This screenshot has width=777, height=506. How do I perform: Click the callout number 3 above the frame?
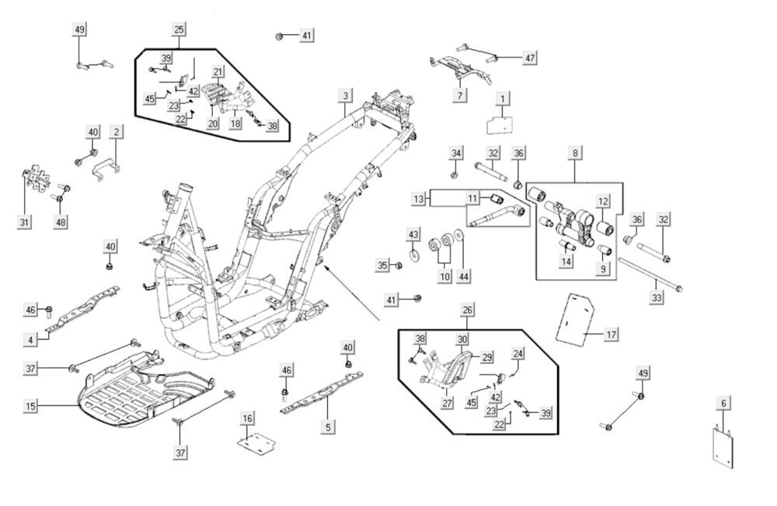coord(345,96)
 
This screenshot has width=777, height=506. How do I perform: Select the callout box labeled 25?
coord(179,30)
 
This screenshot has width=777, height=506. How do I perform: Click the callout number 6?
coord(723,403)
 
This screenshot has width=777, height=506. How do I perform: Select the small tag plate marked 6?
coord(723,446)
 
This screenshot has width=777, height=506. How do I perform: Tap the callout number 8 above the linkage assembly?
coord(575,154)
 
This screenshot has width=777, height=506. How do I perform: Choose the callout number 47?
coord(530,58)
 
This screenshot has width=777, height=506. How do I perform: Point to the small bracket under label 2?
coord(106,167)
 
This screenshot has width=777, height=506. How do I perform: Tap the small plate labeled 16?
coord(256,444)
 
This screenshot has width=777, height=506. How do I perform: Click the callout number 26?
coord(467,310)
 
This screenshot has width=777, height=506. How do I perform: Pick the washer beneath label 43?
coord(413,253)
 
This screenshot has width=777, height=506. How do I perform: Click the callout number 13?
coord(420,200)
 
